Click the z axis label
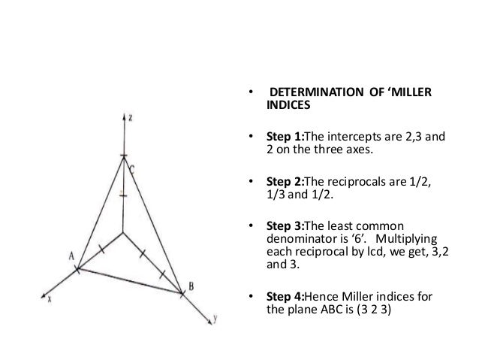click(130, 118)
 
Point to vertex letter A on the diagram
click(72, 256)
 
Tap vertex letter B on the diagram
click(191, 286)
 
